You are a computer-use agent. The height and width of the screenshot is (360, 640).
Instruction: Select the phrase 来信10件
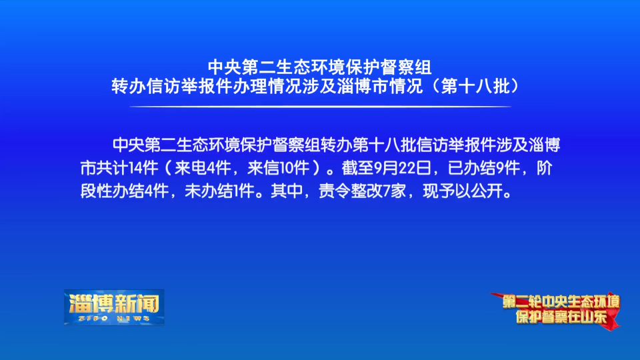point(278,168)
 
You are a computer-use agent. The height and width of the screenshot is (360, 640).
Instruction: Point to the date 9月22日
point(403,168)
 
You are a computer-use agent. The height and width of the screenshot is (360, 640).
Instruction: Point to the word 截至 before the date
point(357,168)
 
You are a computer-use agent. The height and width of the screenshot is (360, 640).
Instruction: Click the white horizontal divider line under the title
point(321,107)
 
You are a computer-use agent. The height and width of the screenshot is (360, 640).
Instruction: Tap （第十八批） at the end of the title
point(476,86)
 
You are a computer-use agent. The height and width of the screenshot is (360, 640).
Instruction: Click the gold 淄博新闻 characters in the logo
point(114,303)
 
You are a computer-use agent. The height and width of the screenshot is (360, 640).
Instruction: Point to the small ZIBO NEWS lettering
point(114,319)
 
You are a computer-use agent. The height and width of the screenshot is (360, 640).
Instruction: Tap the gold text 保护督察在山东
point(561,317)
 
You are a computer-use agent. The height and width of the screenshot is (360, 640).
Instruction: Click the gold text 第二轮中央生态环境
point(561,302)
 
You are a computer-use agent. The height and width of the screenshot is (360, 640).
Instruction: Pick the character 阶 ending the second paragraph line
point(545,168)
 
